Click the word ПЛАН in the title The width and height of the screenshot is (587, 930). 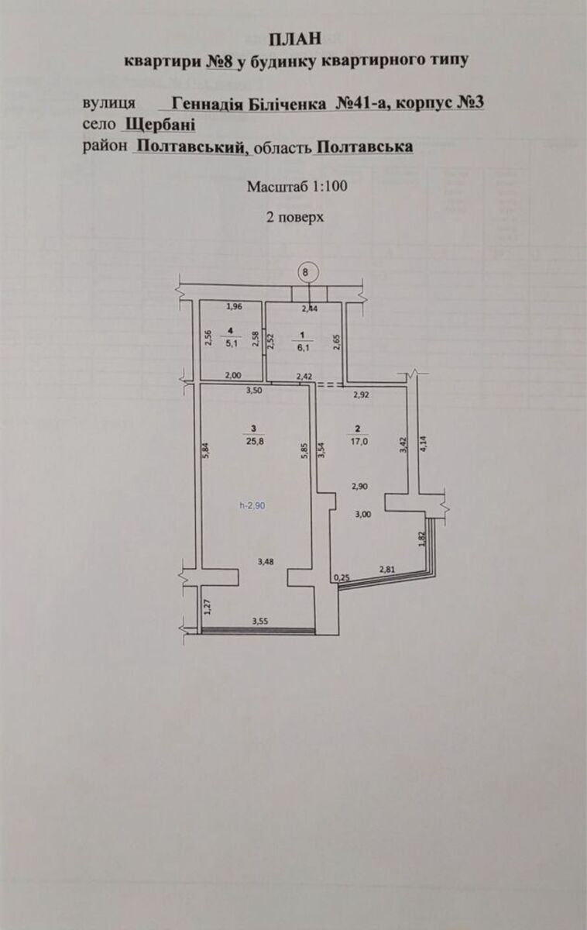coord(295,39)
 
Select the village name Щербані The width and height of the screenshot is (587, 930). coord(160,124)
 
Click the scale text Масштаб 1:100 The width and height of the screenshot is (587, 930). coord(297,187)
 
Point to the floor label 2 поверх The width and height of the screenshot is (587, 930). coord(295,217)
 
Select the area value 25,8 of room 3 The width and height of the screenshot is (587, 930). coord(254,441)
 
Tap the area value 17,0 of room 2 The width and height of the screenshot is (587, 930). coord(359,442)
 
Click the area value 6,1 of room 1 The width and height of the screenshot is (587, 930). coord(304,348)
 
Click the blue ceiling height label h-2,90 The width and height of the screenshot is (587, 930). coord(252,505)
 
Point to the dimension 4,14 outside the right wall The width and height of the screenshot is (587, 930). coord(423,443)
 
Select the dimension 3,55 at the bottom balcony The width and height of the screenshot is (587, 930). coord(260,621)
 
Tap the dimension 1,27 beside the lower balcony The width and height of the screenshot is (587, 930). coord(208,606)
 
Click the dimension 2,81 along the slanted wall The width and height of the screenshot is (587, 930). coord(387,570)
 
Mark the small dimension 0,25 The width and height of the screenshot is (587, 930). coord(342,577)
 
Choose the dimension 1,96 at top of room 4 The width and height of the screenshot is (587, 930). coord(234,307)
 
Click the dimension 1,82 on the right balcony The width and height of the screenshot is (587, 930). coord(422,539)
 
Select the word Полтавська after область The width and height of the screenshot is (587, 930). coord(364,146)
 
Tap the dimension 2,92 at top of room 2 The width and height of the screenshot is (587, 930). coord(361,394)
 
